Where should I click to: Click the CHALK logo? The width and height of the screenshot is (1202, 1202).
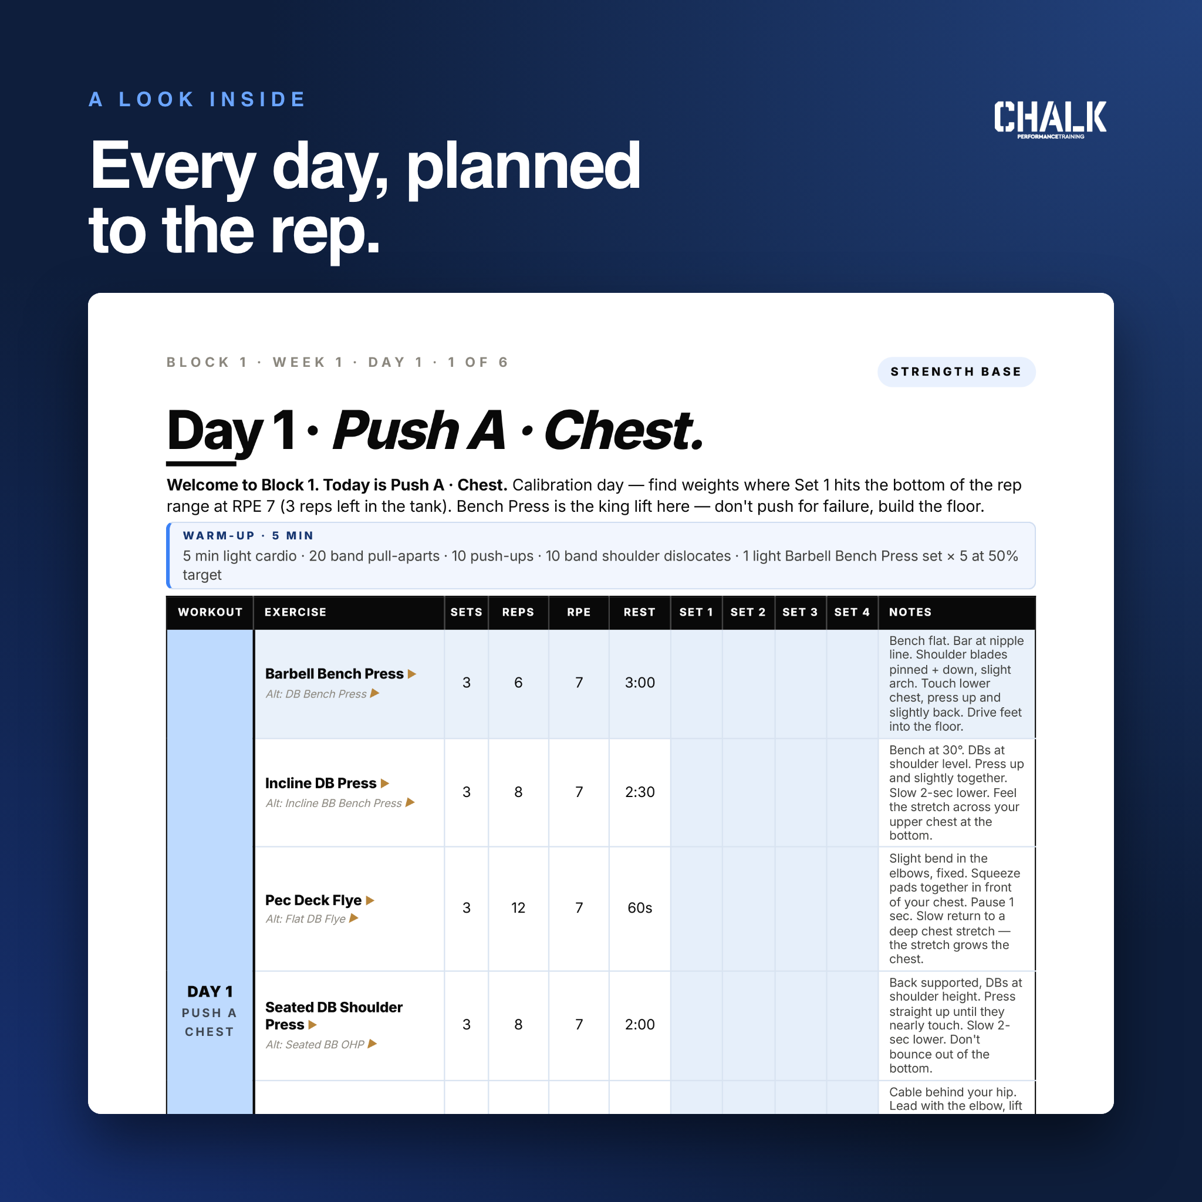(1049, 119)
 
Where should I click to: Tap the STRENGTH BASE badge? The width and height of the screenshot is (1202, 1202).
(956, 372)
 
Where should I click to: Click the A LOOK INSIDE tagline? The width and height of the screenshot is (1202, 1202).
(197, 100)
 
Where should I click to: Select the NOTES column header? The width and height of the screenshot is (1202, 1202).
(910, 612)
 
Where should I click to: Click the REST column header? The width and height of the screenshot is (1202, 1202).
(640, 612)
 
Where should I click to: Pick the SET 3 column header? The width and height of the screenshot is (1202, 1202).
(800, 612)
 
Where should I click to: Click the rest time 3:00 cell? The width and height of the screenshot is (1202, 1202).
(640, 683)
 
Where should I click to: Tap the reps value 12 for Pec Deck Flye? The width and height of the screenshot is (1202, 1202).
(518, 908)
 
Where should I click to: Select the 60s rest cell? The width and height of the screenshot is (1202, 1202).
(640, 908)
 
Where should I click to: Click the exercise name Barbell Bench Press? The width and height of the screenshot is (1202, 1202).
(334, 674)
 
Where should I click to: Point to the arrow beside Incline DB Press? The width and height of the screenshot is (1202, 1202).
(385, 784)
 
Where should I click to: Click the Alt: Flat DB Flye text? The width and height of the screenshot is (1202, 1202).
(305, 919)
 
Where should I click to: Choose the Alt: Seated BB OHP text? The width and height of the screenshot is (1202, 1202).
(315, 1045)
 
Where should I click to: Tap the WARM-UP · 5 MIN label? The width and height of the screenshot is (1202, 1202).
(248, 536)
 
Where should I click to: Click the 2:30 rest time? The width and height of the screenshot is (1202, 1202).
(640, 792)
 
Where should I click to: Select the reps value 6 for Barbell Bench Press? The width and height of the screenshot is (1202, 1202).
(518, 683)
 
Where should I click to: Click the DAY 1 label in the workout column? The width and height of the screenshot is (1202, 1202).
(210, 992)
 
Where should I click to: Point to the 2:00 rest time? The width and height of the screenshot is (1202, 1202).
(640, 1025)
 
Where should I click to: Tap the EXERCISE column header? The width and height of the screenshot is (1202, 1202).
(296, 612)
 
